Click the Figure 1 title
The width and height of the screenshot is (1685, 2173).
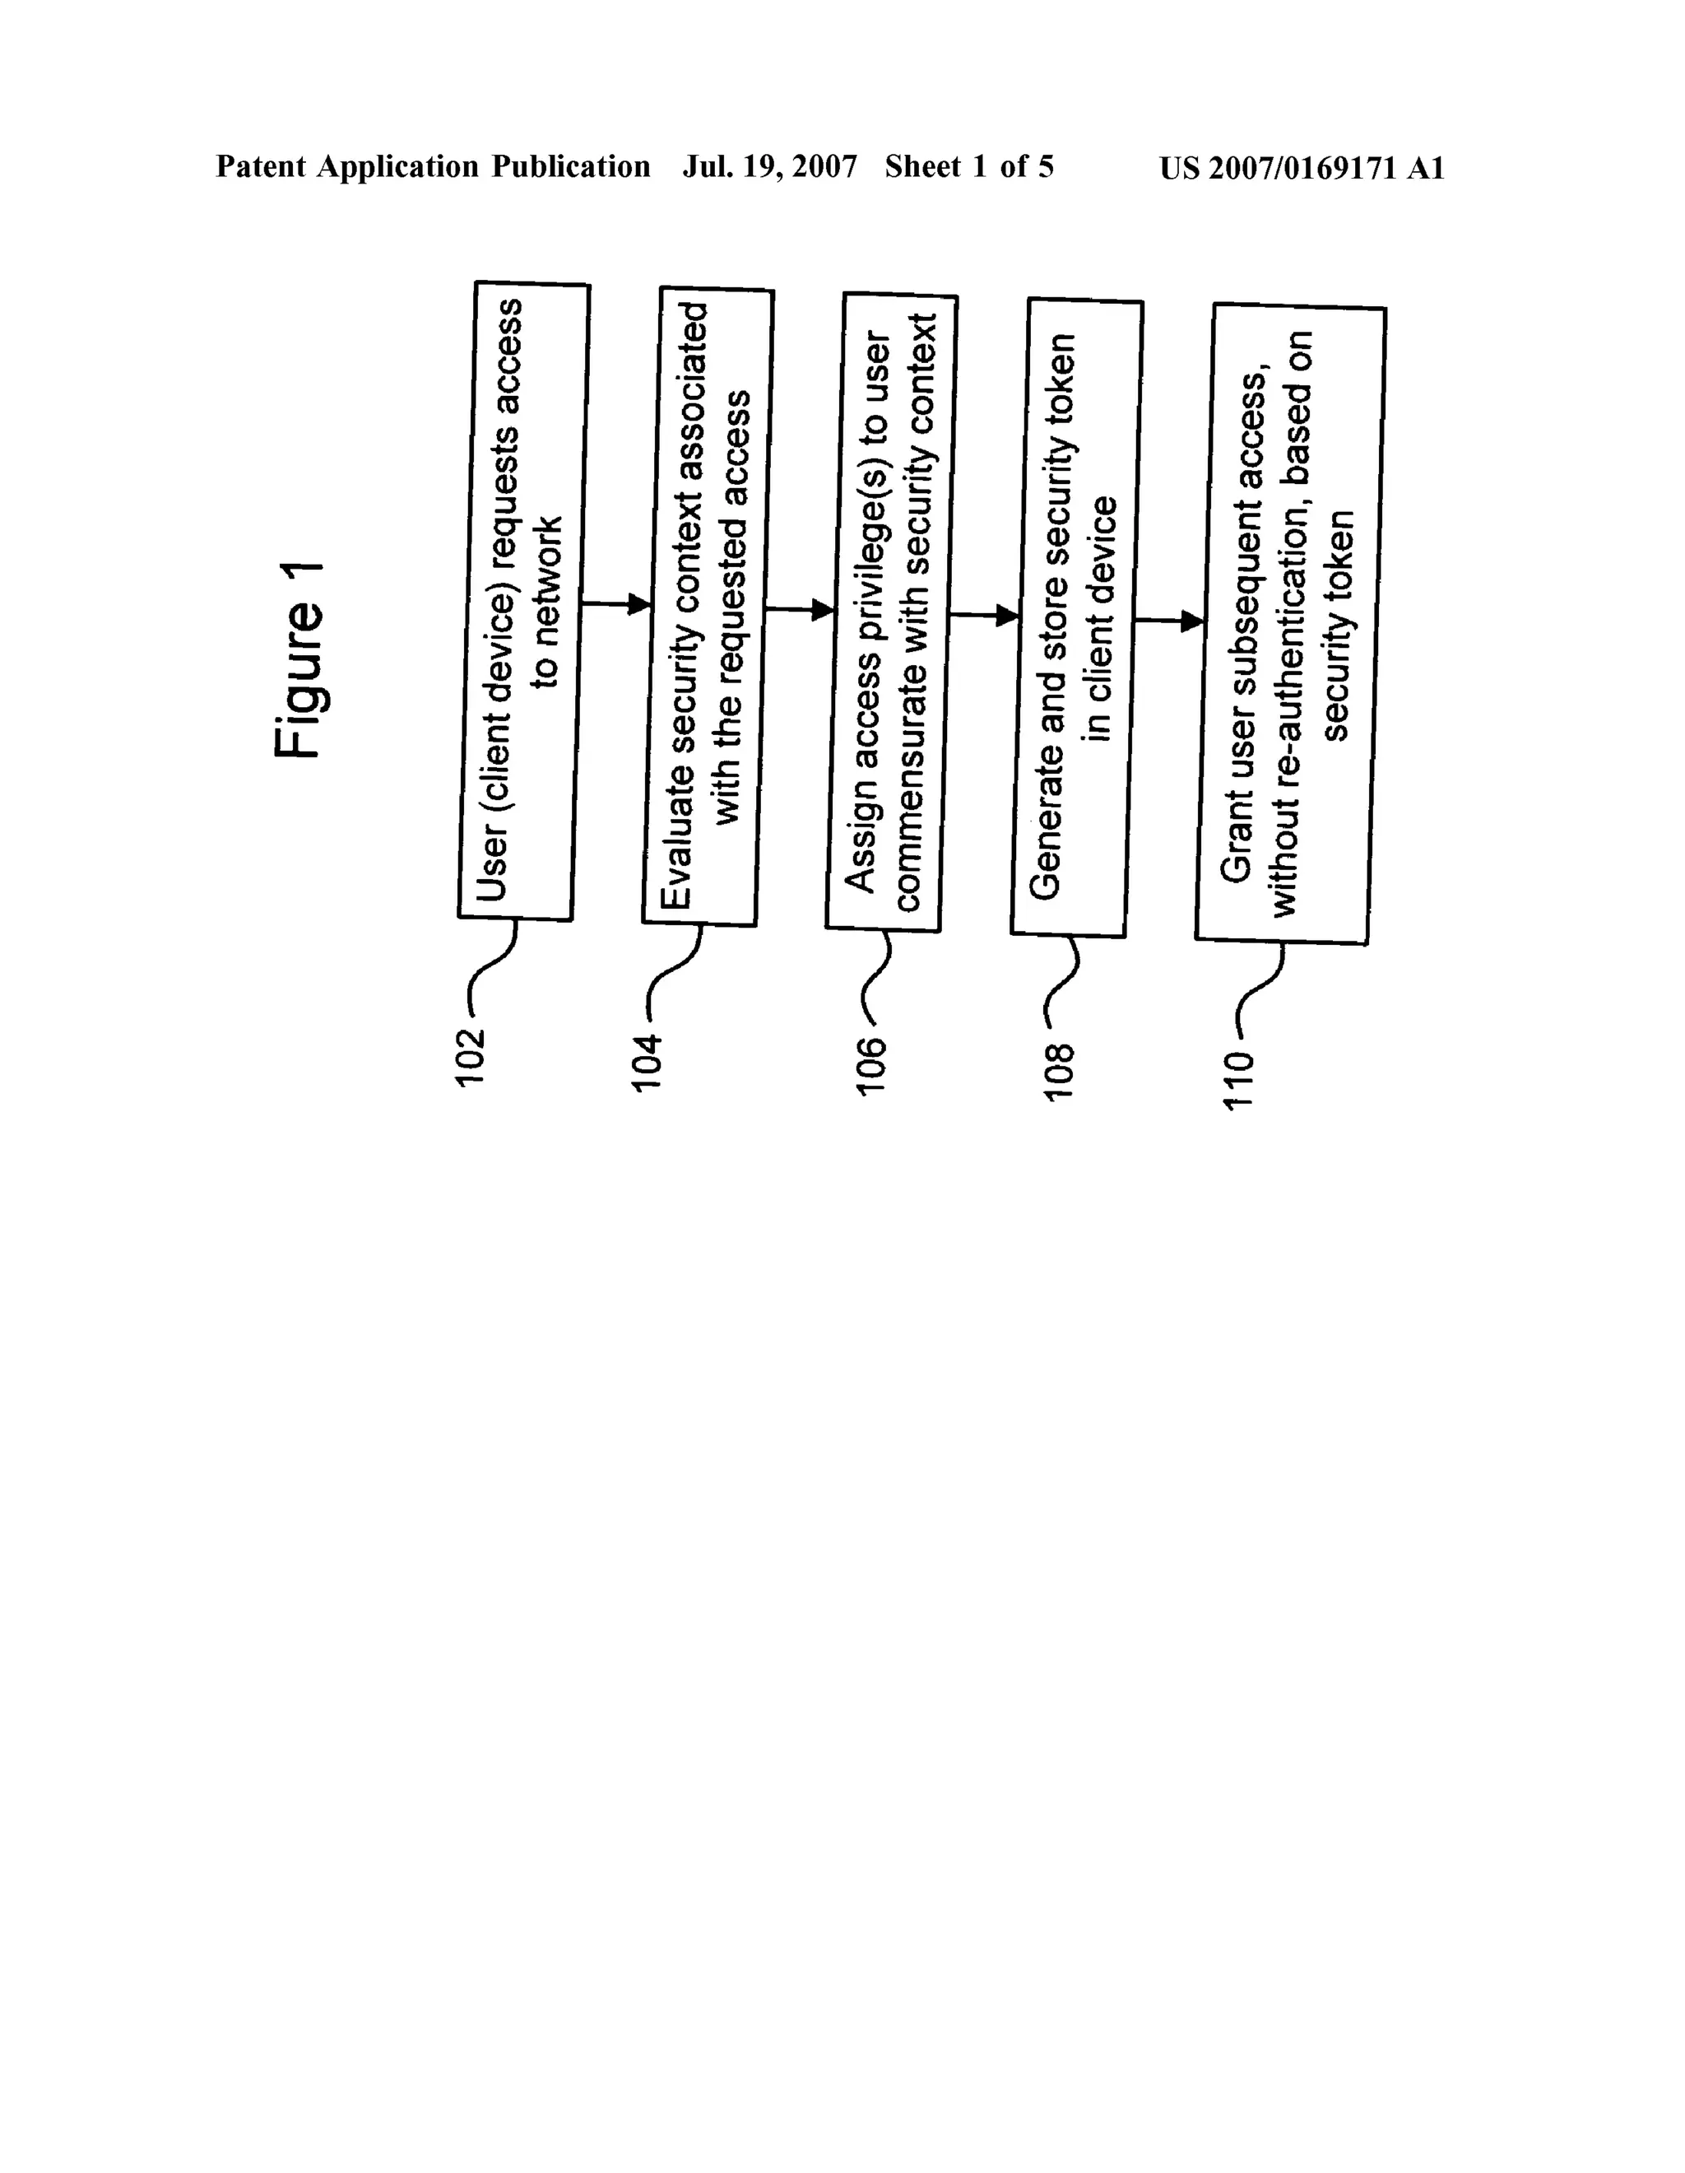tap(299, 658)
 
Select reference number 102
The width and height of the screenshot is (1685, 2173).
tap(470, 1057)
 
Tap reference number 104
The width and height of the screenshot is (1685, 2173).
tap(648, 1063)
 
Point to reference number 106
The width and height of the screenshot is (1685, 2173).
tap(871, 1067)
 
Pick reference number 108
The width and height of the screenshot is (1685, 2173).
tap(1057, 1072)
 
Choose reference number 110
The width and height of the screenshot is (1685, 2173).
tap(1239, 1078)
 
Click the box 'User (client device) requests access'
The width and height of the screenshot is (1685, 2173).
tap(524, 602)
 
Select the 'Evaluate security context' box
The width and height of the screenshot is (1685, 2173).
tap(708, 607)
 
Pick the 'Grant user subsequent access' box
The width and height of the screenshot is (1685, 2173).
tap(1289, 625)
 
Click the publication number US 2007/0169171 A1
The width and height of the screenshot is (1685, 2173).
tap(1301, 168)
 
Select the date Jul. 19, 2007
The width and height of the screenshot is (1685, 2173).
tap(769, 167)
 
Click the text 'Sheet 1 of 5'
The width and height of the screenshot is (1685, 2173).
tap(969, 167)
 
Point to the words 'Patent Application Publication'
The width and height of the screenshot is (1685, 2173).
tap(433, 167)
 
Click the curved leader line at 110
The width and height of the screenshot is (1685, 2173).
tap(1261, 995)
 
